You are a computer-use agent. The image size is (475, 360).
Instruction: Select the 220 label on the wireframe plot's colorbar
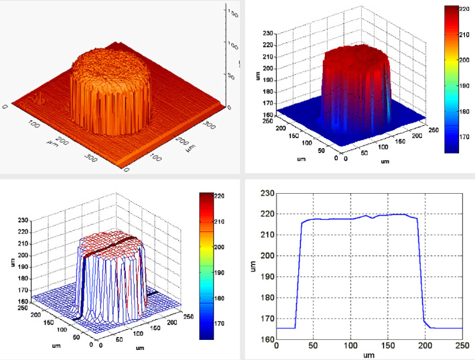coord(225,196)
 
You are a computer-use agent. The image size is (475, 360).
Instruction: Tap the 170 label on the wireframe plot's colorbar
coord(225,323)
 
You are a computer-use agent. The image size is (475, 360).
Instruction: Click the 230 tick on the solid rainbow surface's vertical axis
coord(267,32)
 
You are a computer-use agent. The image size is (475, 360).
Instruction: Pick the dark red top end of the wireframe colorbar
coord(207,196)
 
